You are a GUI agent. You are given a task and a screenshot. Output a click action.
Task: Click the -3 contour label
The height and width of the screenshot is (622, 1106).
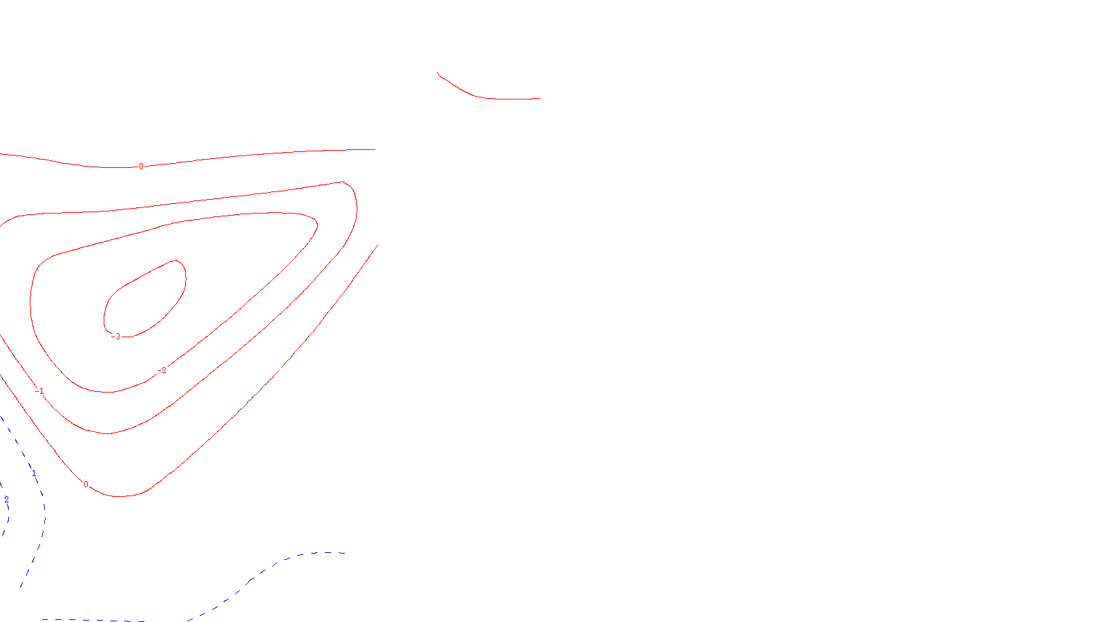(x=116, y=337)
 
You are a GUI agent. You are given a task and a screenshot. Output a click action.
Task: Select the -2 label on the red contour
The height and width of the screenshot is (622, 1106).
(x=162, y=370)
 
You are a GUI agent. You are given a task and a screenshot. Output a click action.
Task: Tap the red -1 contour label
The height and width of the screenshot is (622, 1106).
(x=40, y=391)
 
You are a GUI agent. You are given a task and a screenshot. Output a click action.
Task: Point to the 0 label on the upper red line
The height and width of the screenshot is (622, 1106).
(x=142, y=167)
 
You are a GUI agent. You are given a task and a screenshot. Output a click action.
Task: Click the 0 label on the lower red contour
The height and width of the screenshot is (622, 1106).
(x=86, y=484)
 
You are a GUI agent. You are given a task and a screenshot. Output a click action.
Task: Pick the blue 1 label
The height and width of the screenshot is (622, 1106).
(x=33, y=473)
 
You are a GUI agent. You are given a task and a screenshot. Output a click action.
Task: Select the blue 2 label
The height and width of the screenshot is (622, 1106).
(x=6, y=499)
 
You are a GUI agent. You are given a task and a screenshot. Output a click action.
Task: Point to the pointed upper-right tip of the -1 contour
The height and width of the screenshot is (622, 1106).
(x=343, y=182)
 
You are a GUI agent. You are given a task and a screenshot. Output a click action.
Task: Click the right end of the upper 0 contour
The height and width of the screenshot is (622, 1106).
(x=375, y=149)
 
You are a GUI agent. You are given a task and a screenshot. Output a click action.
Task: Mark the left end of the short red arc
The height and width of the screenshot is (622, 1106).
(x=438, y=73)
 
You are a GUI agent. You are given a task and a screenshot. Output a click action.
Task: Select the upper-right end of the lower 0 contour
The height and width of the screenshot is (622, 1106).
(x=377, y=245)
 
